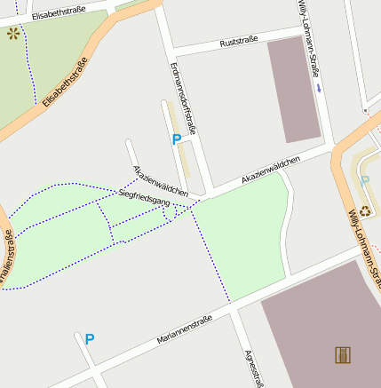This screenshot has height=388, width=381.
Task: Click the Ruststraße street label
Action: click(x=238, y=42)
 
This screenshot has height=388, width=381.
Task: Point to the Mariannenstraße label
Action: click(x=185, y=330)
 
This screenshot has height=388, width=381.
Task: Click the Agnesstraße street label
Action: click(x=255, y=368)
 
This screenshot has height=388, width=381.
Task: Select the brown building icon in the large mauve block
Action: click(x=343, y=355)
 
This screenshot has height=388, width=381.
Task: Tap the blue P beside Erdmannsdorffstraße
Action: click(x=176, y=139)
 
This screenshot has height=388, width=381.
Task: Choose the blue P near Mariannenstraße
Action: click(x=89, y=338)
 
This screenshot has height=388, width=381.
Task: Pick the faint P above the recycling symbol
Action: click(x=365, y=181)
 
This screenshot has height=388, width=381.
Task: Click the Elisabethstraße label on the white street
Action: click(x=59, y=12)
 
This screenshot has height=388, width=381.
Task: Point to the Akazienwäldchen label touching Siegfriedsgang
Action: click(x=160, y=181)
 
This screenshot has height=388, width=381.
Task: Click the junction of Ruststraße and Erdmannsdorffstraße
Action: click(x=170, y=50)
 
